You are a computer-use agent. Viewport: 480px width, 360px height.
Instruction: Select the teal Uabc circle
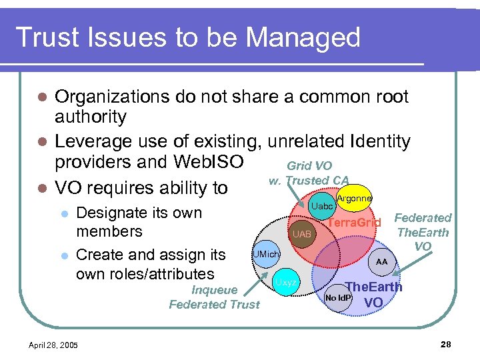(323, 206)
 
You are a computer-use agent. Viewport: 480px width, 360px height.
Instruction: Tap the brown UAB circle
(302, 235)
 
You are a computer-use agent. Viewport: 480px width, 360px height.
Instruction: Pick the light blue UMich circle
(266, 255)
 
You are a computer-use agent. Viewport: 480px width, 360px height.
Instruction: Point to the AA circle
(381, 262)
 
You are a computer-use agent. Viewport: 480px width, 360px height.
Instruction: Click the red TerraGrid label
(355, 221)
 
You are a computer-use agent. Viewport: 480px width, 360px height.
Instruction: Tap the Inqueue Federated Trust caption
(214, 297)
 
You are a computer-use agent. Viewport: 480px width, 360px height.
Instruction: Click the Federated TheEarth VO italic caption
(423, 232)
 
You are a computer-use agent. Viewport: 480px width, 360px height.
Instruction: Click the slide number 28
(446, 344)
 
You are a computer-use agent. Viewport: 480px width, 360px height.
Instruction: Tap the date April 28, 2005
(53, 345)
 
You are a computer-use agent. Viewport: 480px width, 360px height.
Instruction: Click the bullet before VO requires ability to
(41, 189)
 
